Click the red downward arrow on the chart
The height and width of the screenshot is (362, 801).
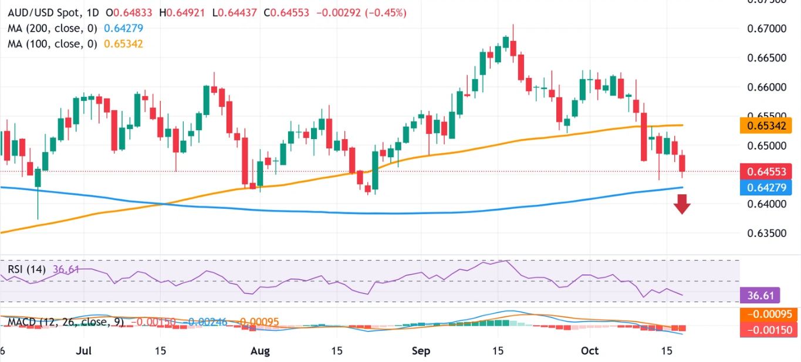pos(681,204)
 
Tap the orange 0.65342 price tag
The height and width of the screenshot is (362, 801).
pos(766,126)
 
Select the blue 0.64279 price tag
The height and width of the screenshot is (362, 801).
pos(766,188)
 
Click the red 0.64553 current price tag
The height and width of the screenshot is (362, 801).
pos(766,172)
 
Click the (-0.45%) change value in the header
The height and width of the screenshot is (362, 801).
pos(386,12)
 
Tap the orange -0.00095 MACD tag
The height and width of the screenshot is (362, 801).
pos(766,314)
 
